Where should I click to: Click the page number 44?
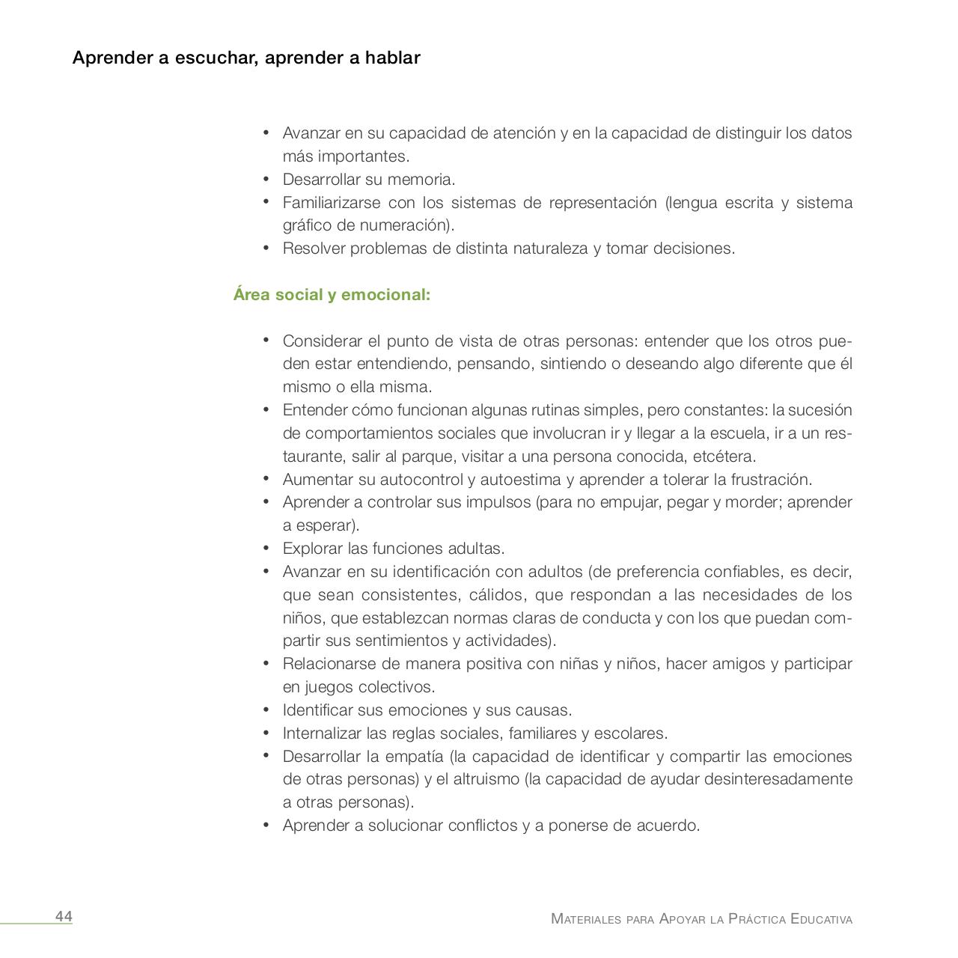64,917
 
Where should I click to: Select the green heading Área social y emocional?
332,295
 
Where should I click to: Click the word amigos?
737,664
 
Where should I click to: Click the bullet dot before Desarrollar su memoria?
266,179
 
